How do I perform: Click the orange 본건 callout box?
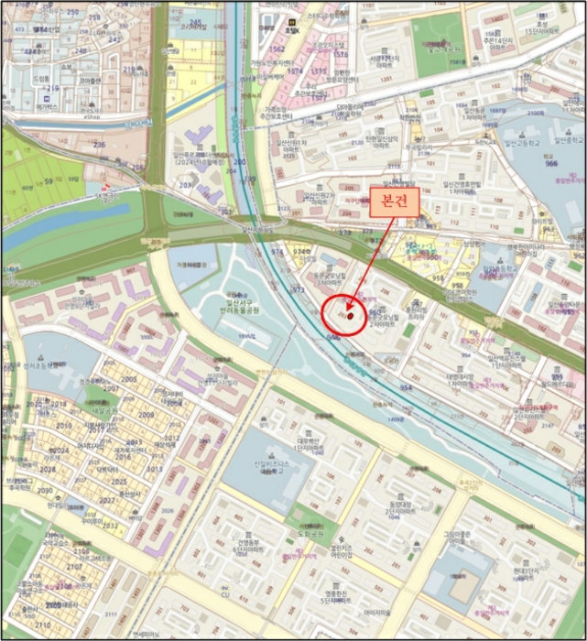394,203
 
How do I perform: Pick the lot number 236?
99,145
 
